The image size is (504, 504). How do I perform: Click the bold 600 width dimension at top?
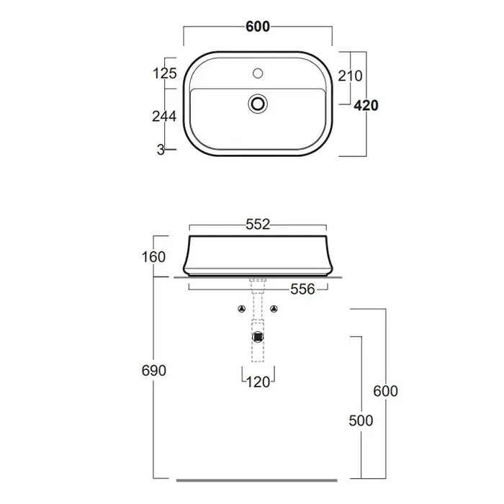258,27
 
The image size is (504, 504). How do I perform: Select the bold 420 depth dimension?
366,105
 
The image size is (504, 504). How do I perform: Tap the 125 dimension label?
165,73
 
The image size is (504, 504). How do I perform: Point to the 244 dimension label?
164,117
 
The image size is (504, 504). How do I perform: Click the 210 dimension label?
350,76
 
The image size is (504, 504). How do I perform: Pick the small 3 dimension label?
161,150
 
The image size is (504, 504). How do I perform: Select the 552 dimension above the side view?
258,225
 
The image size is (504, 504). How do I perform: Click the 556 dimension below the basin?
302,289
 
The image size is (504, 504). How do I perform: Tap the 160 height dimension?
153,257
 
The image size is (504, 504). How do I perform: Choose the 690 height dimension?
153,371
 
